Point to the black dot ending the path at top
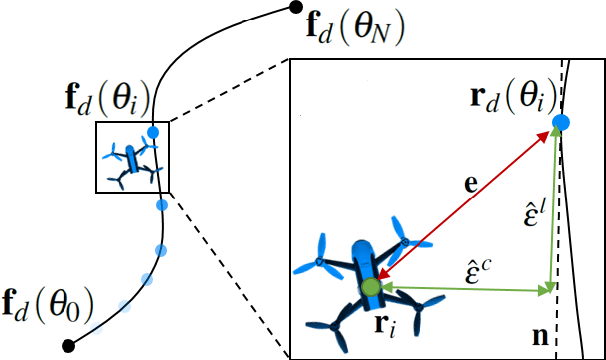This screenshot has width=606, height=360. (294, 8)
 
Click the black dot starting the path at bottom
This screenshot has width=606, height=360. (67, 346)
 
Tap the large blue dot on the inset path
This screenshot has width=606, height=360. (561, 124)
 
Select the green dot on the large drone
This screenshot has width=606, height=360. (371, 288)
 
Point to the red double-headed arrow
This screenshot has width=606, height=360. (466, 205)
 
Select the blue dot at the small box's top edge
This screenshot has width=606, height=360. (153, 131)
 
